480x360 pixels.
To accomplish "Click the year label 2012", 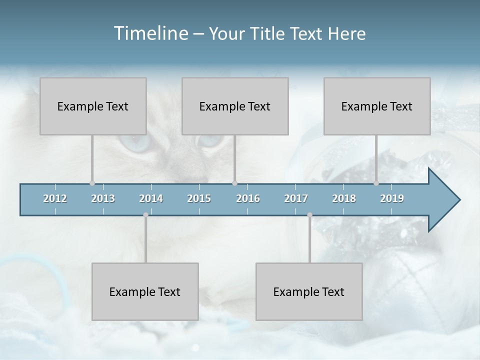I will (55, 198).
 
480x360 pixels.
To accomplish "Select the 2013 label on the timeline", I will (103, 198).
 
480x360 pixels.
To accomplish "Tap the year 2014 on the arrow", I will (151, 198).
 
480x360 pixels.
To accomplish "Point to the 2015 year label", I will (199, 198).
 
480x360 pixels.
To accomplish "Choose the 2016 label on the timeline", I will (248, 198).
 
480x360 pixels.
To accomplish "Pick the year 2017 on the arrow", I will (296, 198).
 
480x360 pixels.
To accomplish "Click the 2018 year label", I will (344, 198).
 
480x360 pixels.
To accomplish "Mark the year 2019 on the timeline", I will (392, 198).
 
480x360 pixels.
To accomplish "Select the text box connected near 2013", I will (93, 106).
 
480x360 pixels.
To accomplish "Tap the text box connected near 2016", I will (235, 106).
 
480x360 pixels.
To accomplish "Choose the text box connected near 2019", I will (377, 106).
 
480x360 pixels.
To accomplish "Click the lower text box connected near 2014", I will (145, 291).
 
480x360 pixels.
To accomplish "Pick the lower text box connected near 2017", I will (309, 291).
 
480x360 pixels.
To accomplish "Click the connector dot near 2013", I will (92, 183).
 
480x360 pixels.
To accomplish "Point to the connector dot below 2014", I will (145, 215).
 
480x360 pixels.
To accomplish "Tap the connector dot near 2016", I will (235, 183).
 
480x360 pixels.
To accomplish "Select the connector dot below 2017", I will (309, 215).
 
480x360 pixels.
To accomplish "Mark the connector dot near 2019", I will (376, 183).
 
